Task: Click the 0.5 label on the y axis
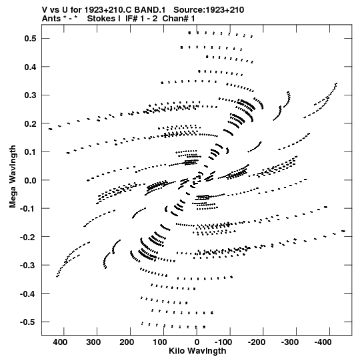pos(31,39)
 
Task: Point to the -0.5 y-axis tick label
pos(29,322)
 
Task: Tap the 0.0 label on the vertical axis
pos(31,180)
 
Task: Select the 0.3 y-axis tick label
pos(31,95)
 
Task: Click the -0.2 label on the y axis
pos(29,237)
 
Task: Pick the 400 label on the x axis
pos(60,342)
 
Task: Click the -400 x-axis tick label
pos(323,342)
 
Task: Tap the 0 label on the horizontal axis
pos(197,342)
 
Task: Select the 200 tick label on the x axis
pos(127,342)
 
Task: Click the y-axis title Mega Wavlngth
pos(13,177)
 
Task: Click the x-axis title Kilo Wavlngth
pos(197,351)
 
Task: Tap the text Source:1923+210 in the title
pos(209,10)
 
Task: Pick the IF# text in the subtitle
pos(131,19)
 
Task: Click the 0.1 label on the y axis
pos(31,152)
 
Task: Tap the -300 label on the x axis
pos(290,342)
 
